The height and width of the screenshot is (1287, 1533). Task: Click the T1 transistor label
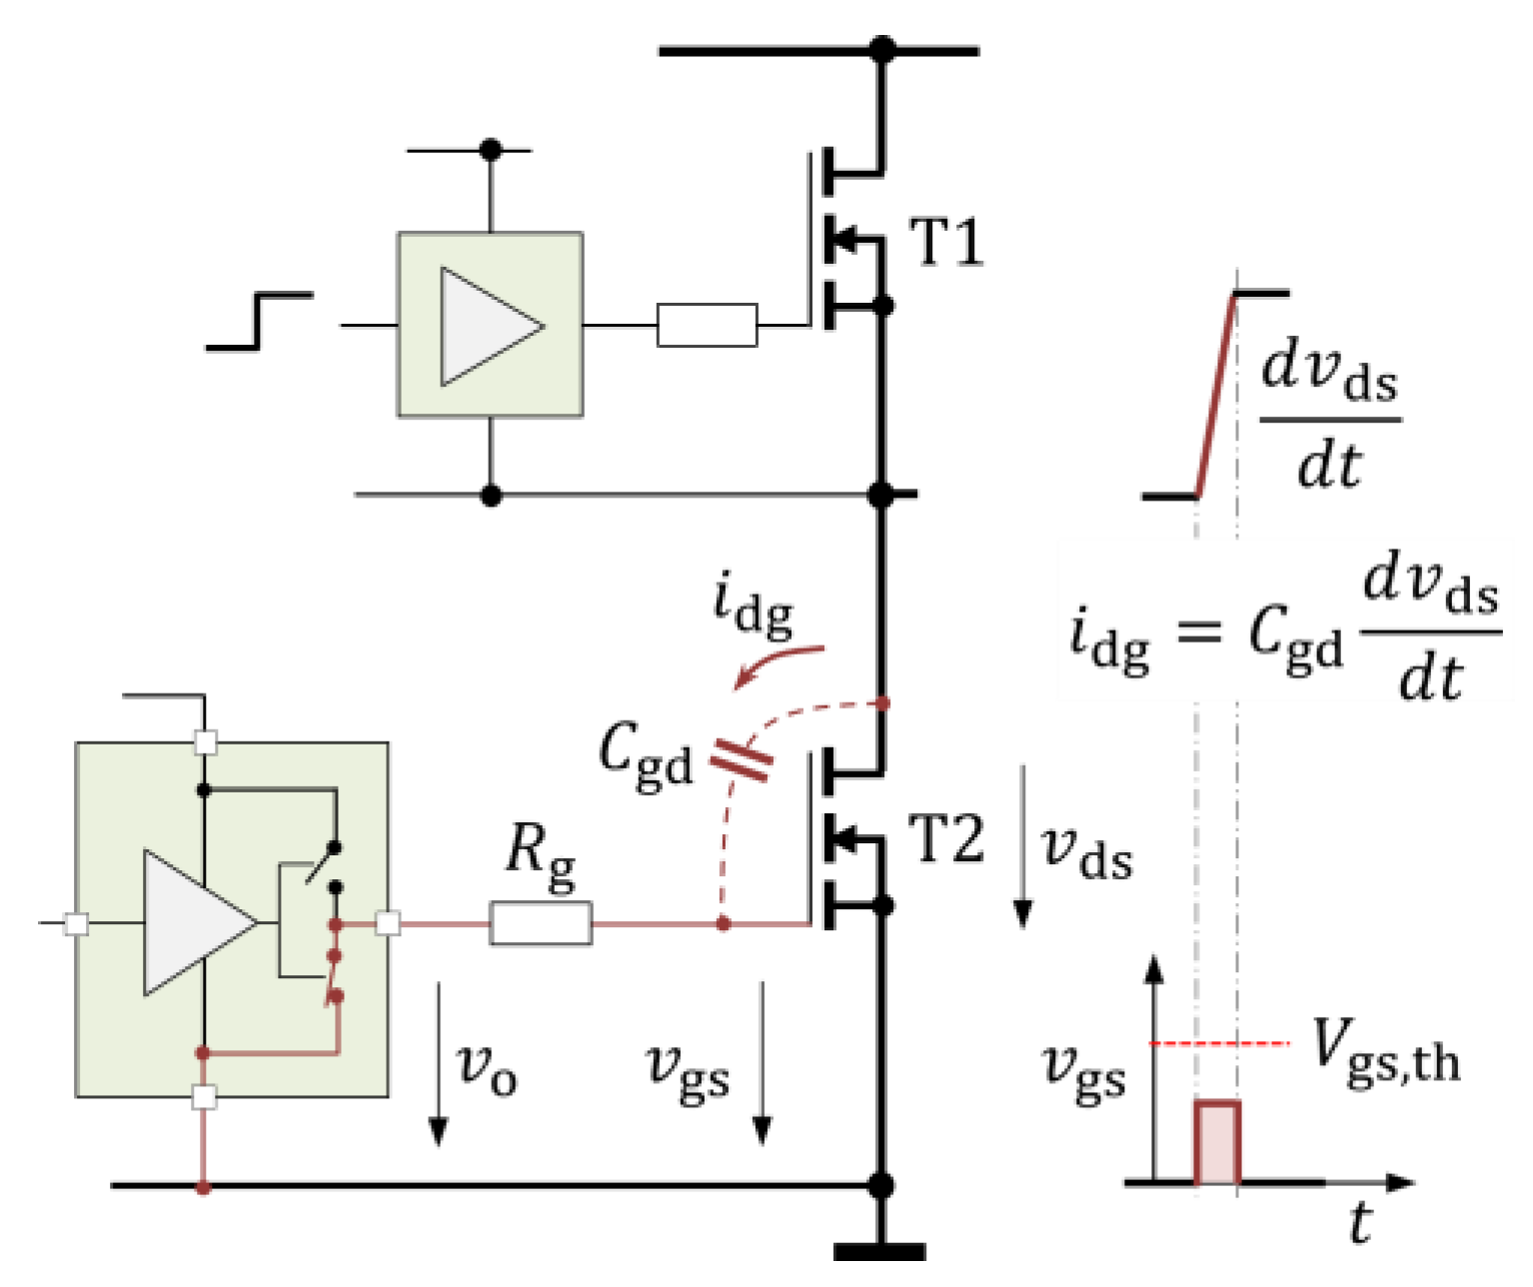tap(945, 242)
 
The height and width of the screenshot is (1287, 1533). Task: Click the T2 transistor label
tap(945, 839)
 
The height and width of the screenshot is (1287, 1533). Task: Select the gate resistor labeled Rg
tap(541, 923)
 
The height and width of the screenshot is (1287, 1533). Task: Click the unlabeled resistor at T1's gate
tap(707, 325)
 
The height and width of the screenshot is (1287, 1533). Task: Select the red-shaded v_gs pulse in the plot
tap(1217, 1142)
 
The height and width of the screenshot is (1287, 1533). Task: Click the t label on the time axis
tap(1359, 1221)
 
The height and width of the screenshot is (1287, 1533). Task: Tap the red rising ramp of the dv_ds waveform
tap(1215, 394)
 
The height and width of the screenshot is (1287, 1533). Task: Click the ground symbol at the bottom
tap(880, 1250)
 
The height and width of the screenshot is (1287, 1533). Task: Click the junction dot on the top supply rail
tap(881, 50)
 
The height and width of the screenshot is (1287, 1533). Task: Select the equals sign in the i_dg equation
tap(1199, 632)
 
